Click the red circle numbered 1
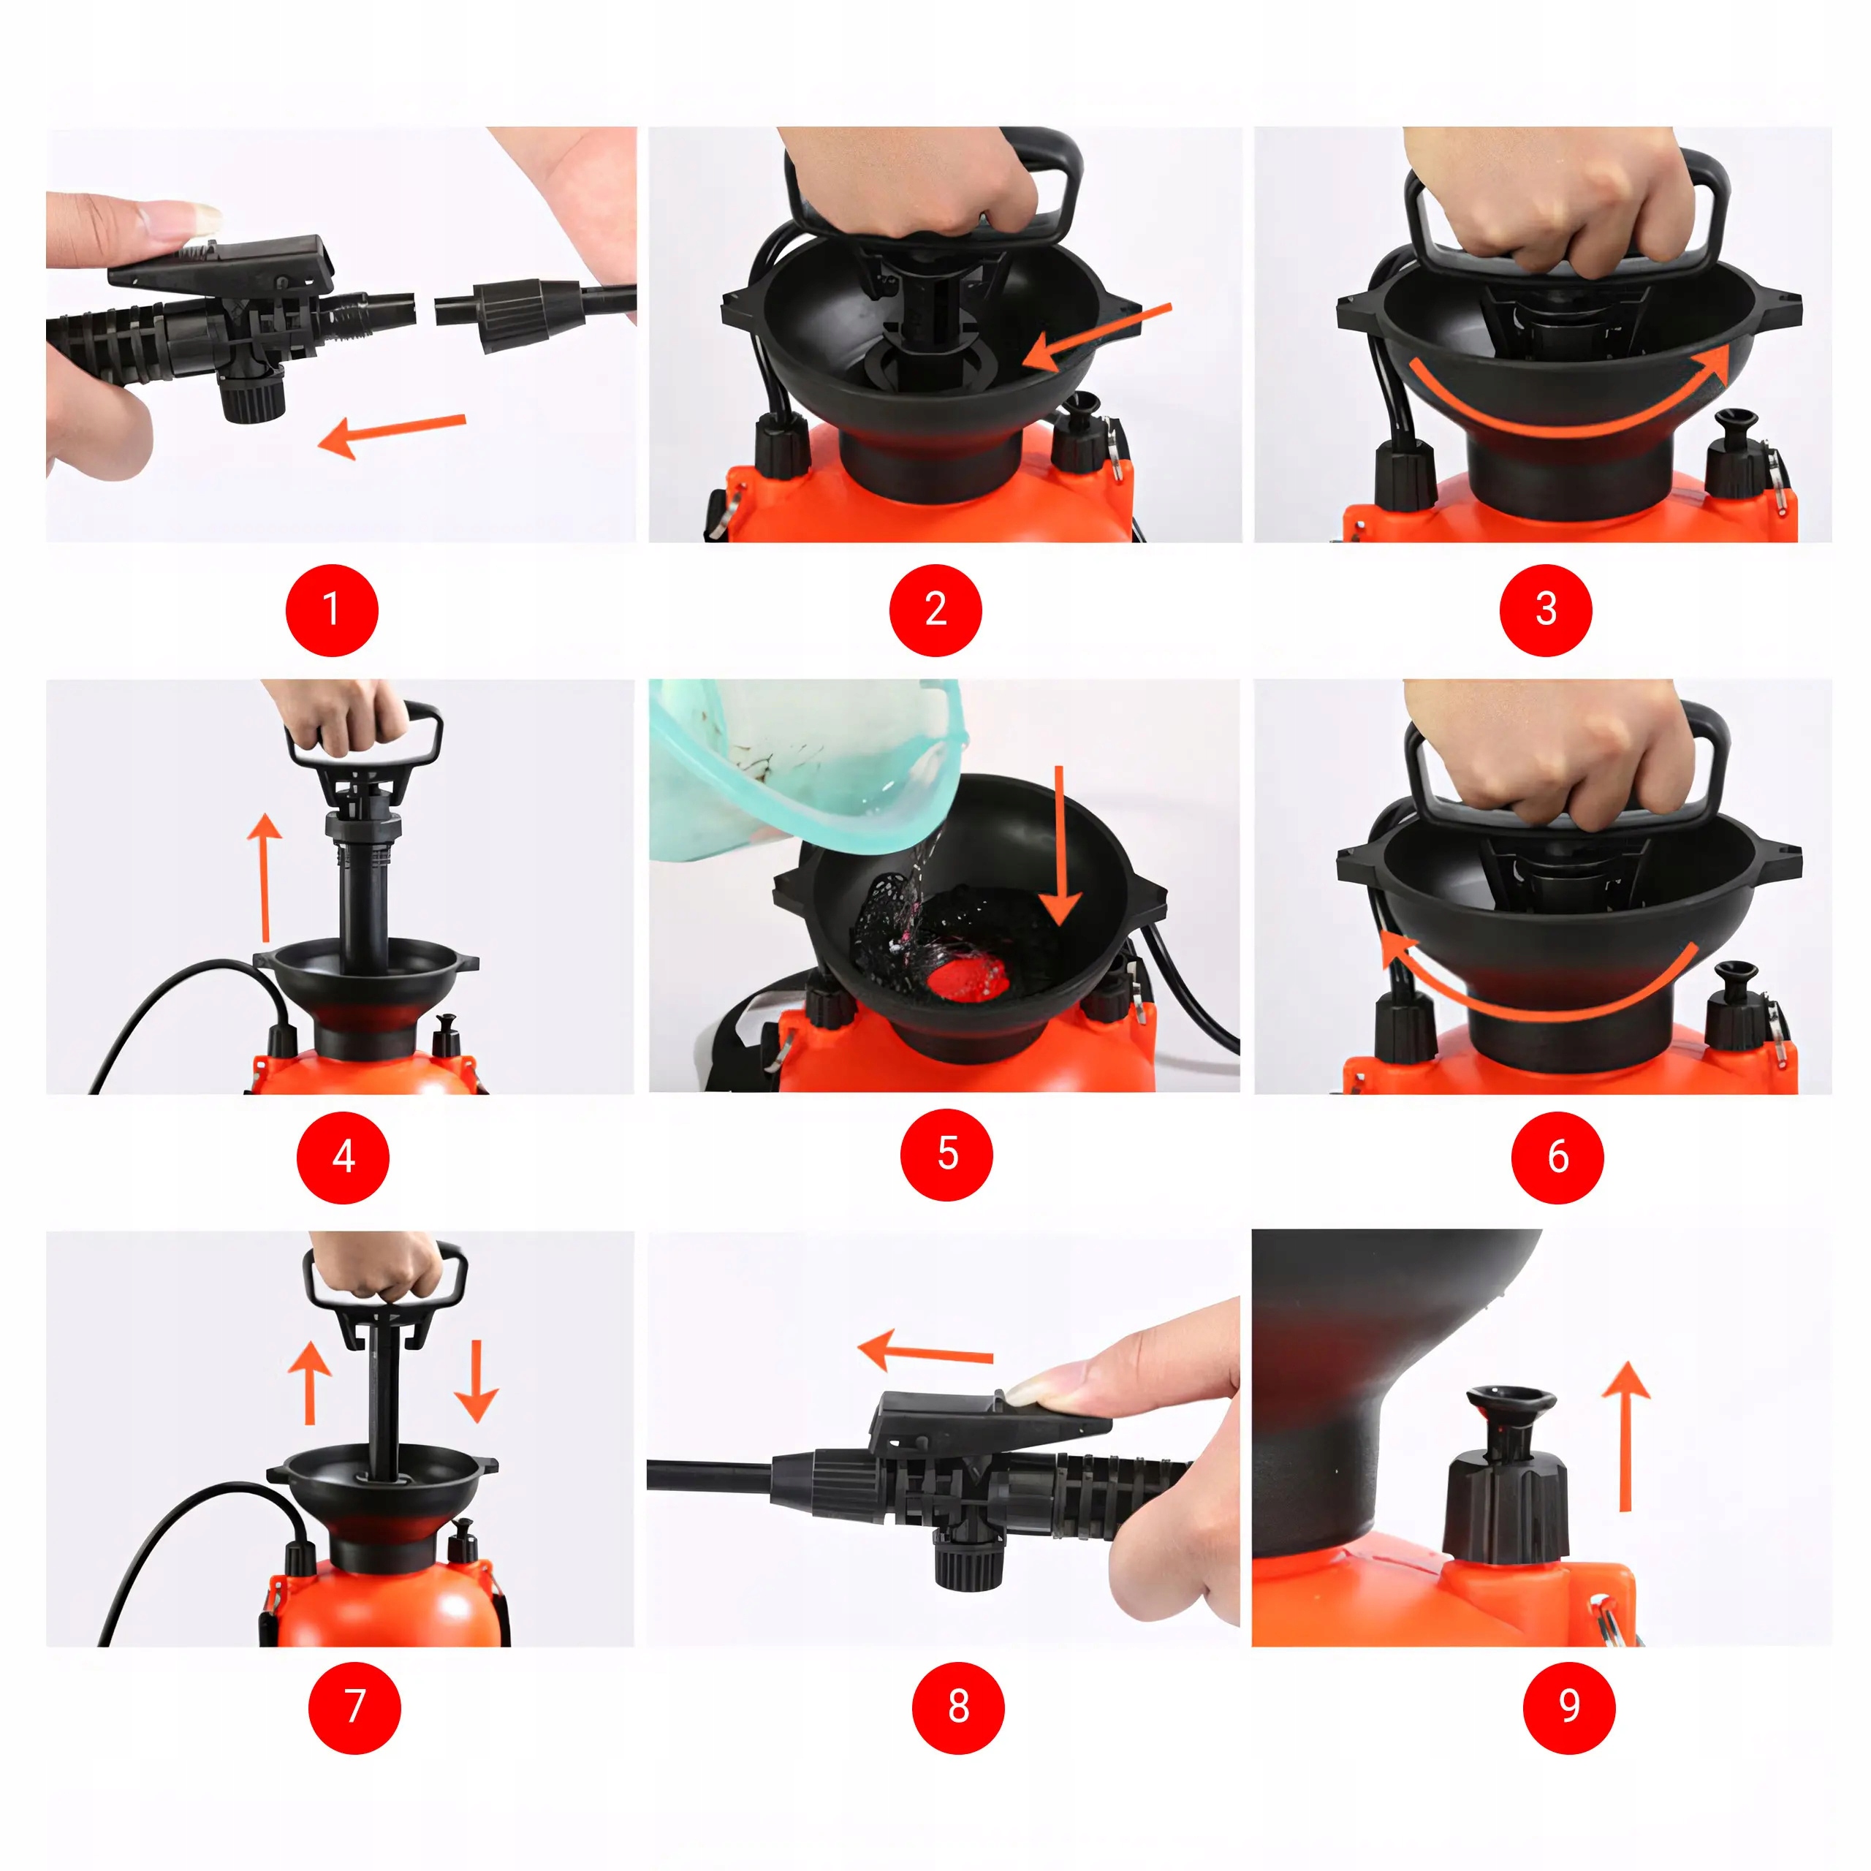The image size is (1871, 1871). (331, 610)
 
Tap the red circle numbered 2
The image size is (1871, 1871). (935, 610)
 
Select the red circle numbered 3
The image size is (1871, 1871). (1546, 610)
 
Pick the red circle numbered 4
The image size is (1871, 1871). (343, 1157)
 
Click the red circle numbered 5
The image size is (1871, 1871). (947, 1154)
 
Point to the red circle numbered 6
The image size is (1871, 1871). (1557, 1157)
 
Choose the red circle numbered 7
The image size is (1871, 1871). (354, 1707)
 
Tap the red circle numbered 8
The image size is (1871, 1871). (959, 1707)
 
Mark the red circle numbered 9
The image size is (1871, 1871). (1569, 1707)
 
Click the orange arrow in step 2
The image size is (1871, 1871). (1096, 337)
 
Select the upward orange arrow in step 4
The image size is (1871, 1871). (265, 876)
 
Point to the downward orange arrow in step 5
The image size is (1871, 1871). (1060, 844)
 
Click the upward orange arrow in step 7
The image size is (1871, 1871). (310, 1382)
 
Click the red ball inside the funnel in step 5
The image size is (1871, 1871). (968, 974)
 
